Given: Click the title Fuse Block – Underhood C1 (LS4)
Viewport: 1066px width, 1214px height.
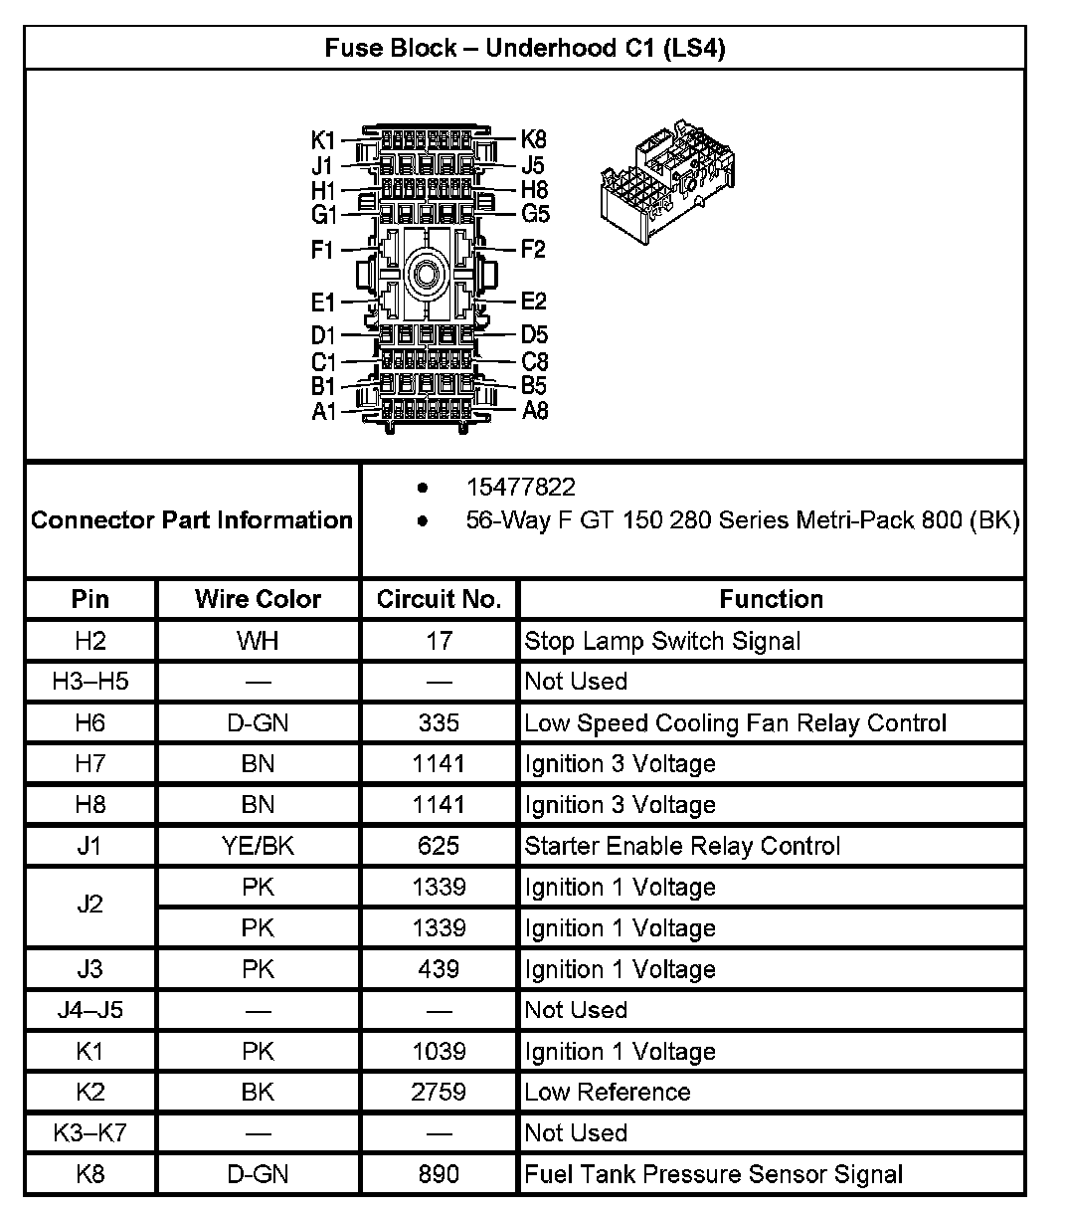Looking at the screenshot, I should [x=524, y=48].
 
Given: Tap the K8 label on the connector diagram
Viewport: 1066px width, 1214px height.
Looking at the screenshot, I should [x=534, y=139].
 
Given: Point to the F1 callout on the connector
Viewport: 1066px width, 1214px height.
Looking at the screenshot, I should [x=322, y=249].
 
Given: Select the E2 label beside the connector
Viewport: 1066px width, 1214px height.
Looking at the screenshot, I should [x=534, y=301].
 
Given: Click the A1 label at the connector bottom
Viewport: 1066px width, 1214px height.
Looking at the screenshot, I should [x=324, y=411].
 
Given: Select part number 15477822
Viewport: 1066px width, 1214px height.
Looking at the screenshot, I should [x=520, y=488].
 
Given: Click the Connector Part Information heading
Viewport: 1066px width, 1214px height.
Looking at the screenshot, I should [x=192, y=519].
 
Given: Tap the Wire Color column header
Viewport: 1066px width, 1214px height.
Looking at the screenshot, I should [x=258, y=599].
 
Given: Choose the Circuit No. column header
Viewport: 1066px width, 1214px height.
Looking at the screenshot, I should [x=439, y=599].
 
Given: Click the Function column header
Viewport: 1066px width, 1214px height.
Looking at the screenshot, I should [x=771, y=599].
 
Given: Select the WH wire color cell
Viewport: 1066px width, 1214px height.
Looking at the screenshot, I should [x=258, y=641].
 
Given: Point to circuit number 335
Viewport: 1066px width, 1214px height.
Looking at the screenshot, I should [x=439, y=723].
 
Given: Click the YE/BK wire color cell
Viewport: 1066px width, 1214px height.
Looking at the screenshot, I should [x=258, y=846].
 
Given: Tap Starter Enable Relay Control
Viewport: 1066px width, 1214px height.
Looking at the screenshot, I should [x=682, y=846].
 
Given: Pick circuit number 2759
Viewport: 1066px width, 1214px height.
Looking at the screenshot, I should [x=439, y=1092].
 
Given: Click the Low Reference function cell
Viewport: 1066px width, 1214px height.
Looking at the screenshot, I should [x=608, y=1092].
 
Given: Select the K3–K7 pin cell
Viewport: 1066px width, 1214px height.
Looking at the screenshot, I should [x=89, y=1132].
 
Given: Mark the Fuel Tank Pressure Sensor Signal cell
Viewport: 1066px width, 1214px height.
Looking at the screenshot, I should [x=713, y=1174].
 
